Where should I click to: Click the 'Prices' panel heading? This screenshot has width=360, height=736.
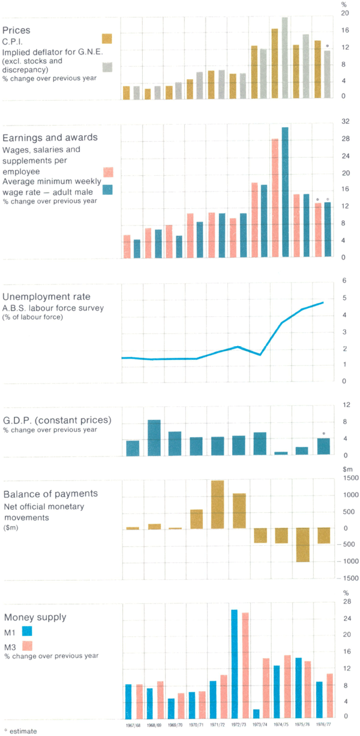(17, 29)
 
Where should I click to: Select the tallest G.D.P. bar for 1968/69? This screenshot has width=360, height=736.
(154, 438)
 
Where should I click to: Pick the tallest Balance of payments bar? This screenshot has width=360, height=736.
(217, 504)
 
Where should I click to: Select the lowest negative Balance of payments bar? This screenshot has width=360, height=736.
(302, 545)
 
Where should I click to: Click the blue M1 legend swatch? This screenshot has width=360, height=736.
(26, 630)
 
